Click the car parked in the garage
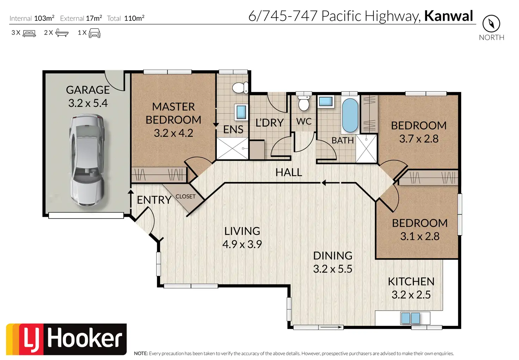pos(87,160)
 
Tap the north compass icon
pos(491,24)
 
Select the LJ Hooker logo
pos(66,340)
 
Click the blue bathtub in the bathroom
pos(350,115)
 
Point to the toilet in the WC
pos(304,103)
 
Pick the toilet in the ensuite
pos(240,88)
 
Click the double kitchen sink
pos(410,318)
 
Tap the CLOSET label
pos(185,196)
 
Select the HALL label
pos(289,172)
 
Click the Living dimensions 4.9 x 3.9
pos(242,244)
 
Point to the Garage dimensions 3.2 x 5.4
pos(88,103)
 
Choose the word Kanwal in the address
pos(448,16)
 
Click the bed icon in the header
pos(29,33)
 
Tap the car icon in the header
pos(94,33)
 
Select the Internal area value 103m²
pos(44,18)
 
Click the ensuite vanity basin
pos(241,112)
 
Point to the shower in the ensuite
pos(232,148)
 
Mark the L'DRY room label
pos(269,123)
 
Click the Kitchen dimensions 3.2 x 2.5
pos(411,295)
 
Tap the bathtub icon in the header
pos(62,33)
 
